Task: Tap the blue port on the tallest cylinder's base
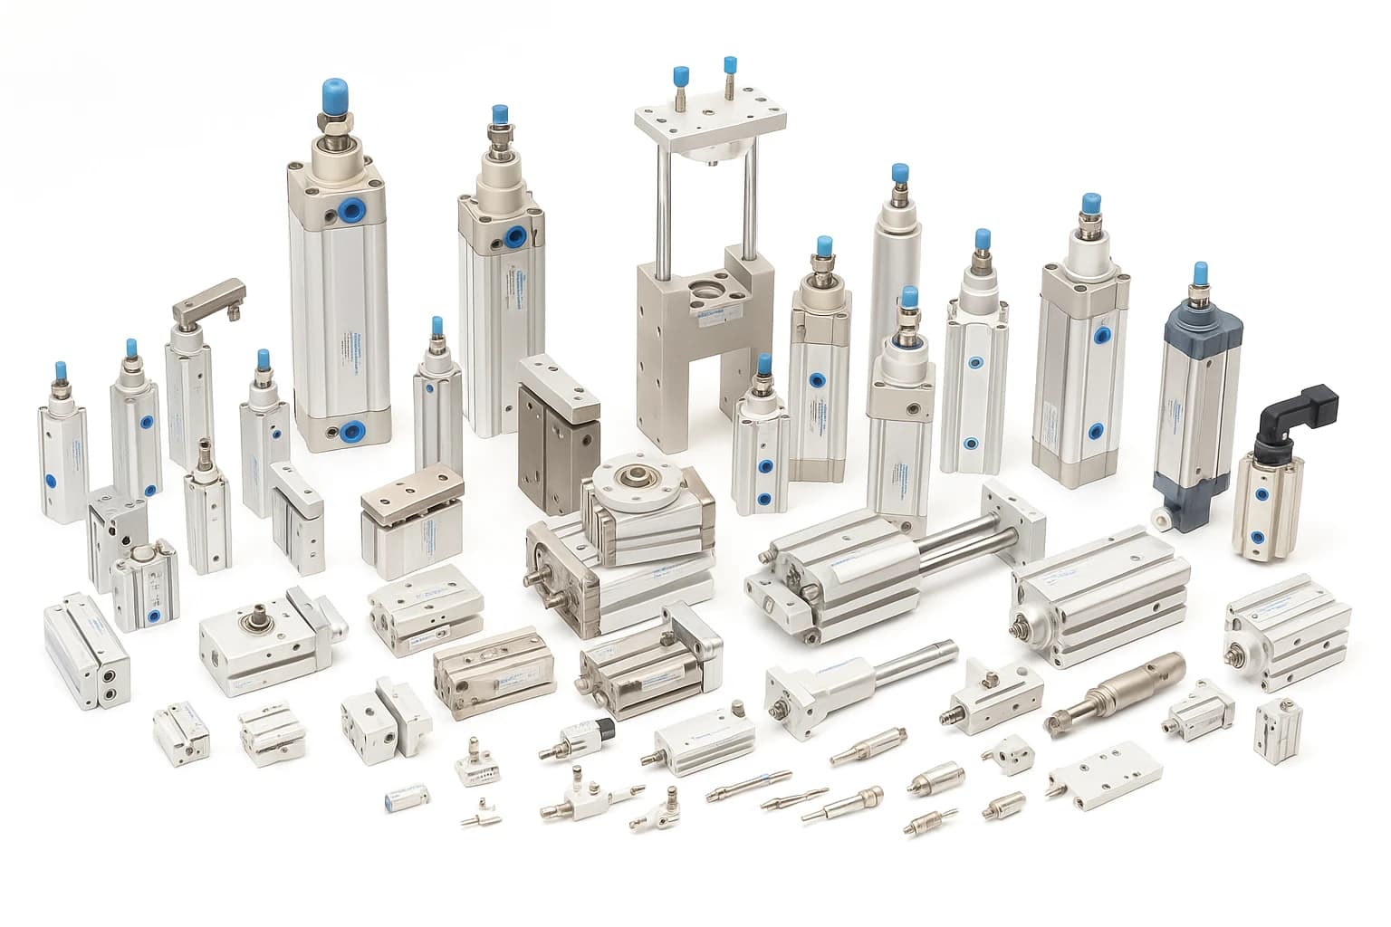click(x=350, y=430)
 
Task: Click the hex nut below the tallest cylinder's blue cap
click(x=336, y=122)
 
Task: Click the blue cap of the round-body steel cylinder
click(x=899, y=174)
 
